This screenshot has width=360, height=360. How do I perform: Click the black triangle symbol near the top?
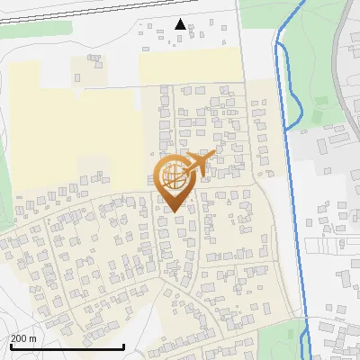[180, 24]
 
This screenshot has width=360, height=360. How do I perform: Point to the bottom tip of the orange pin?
[174, 211]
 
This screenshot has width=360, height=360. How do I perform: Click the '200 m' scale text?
[22, 338]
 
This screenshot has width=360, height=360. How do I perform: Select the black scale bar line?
[67, 347]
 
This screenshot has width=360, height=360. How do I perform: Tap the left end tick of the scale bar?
[11, 346]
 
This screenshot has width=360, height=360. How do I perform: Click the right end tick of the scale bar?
[122, 346]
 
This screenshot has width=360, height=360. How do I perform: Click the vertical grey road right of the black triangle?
[240, 36]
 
